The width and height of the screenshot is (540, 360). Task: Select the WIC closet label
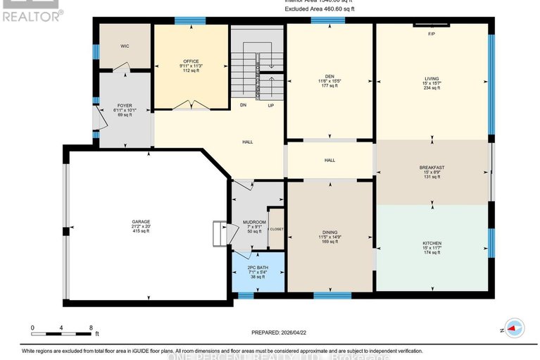[x=124, y=46]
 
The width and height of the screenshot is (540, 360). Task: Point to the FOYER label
[x=124, y=105]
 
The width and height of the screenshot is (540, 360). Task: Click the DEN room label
[x=329, y=77]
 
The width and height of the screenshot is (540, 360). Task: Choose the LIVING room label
[x=432, y=78]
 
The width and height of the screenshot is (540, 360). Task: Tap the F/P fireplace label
[x=432, y=34]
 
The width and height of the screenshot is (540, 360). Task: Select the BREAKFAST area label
[x=432, y=168]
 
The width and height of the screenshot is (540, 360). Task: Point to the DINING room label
[x=329, y=232]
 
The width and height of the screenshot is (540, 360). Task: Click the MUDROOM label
[x=251, y=222]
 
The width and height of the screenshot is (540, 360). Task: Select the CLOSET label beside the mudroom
[x=275, y=228]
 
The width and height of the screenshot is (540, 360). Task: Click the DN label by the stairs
[x=243, y=105]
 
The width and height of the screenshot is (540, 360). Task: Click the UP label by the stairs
[x=270, y=105]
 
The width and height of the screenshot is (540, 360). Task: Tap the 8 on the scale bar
[x=92, y=328]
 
